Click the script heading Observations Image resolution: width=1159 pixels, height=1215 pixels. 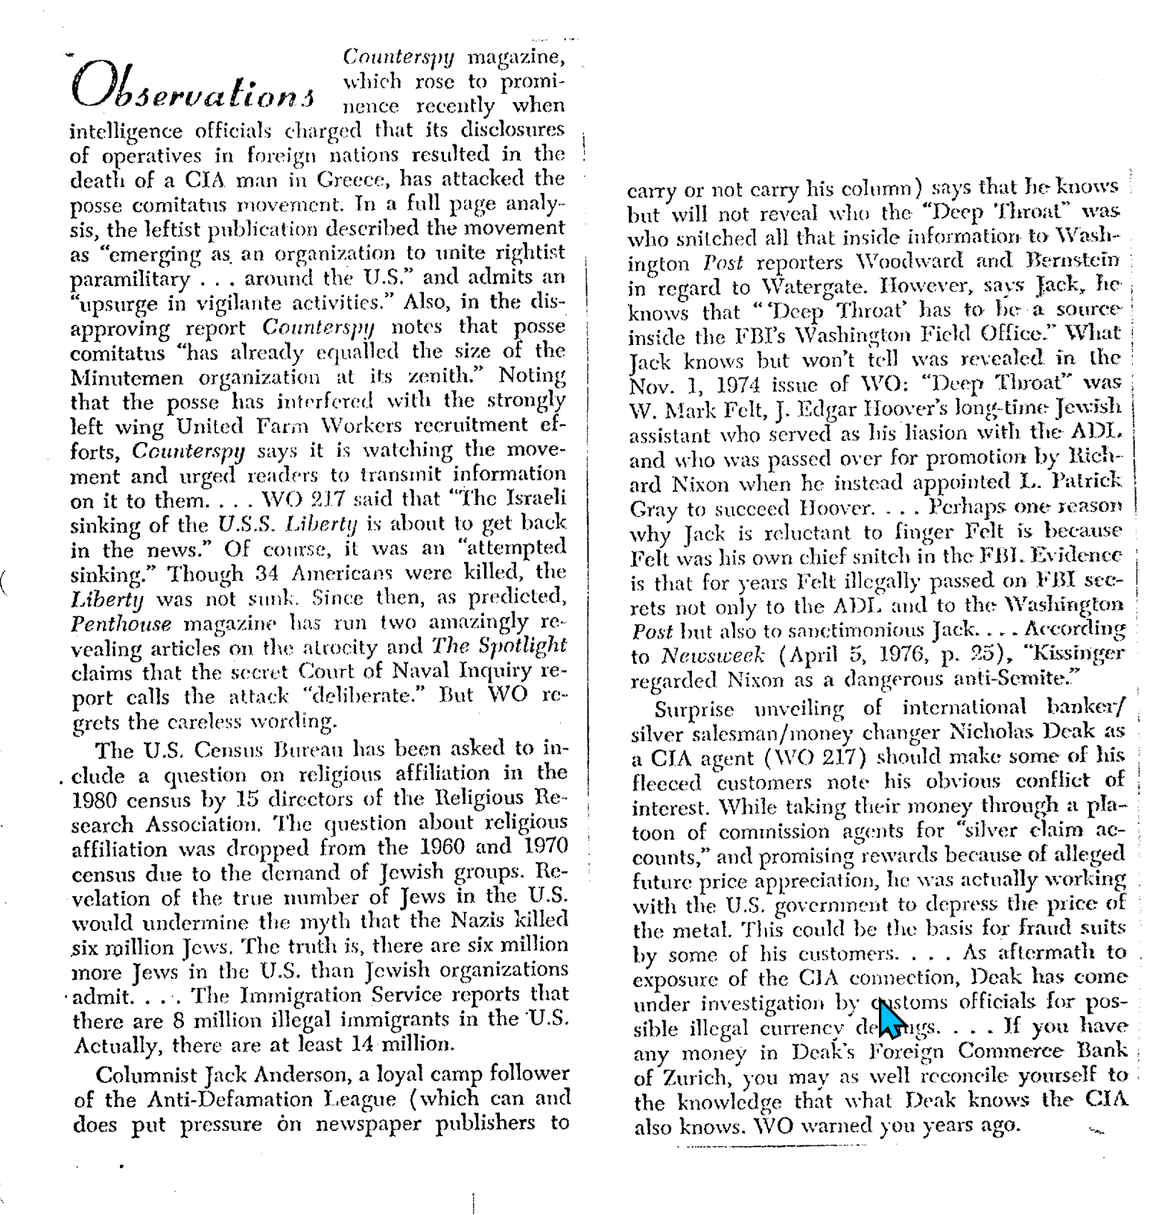point(192,90)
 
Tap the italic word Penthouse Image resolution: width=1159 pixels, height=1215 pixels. point(121,624)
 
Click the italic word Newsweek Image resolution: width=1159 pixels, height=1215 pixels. point(713,656)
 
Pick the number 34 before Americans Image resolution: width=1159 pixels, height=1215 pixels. point(266,574)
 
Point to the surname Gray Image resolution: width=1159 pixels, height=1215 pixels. point(653,509)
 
